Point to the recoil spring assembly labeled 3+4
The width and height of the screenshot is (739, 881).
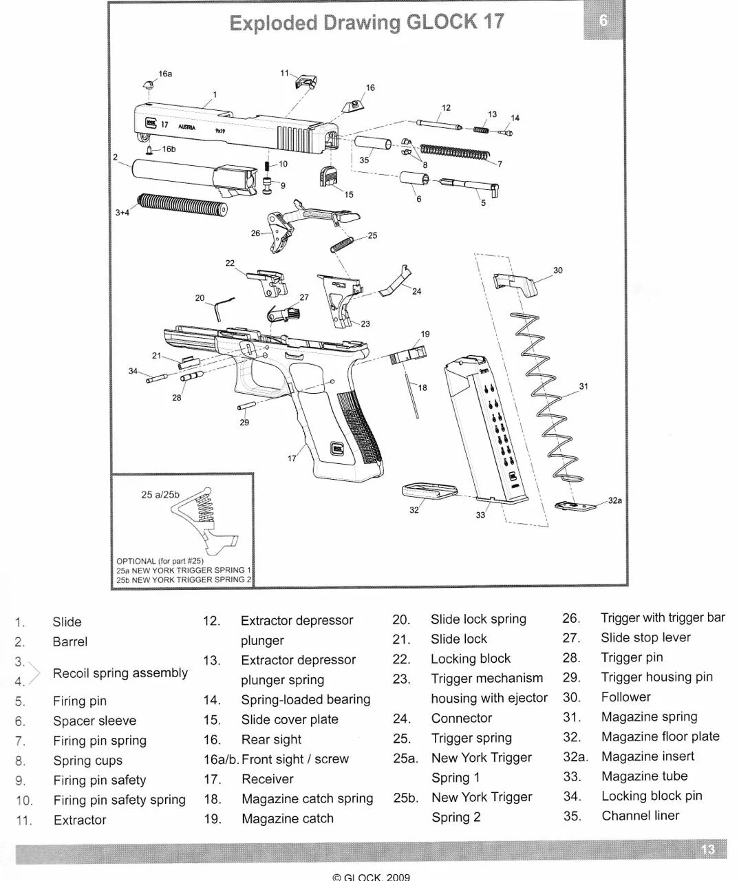point(182,205)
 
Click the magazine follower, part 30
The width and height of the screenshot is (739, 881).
point(514,284)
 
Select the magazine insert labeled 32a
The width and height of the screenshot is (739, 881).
point(576,506)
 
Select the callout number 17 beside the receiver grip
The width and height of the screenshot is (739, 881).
point(292,458)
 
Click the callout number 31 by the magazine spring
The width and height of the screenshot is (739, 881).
point(583,387)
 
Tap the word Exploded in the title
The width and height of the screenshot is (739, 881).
point(272,23)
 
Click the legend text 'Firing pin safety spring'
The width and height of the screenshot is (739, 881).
point(119,800)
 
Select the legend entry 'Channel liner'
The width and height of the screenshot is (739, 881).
point(640,816)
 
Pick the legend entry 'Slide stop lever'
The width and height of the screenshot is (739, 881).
point(645,637)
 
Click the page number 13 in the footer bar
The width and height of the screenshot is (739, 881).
point(708,850)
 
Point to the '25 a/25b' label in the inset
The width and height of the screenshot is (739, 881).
point(160,494)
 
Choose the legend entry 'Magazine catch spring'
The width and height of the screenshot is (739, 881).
point(307,798)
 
